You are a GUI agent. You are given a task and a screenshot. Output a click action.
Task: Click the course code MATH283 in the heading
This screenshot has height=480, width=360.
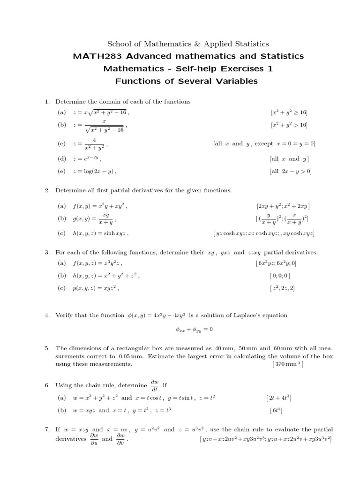tap(93, 56)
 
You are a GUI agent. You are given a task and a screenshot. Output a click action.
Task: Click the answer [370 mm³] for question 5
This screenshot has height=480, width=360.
tap(287, 364)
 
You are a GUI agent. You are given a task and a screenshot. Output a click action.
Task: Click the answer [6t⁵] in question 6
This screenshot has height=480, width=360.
tap(276, 410)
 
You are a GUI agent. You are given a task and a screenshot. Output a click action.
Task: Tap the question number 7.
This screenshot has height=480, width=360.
tap(47, 429)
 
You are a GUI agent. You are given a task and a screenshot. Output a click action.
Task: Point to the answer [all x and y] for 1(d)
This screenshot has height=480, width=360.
tap(289, 159)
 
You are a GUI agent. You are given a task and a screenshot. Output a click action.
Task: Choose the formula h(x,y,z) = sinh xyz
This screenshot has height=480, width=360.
tap(100, 233)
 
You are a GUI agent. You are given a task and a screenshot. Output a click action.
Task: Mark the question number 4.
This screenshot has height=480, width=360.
tap(47, 315)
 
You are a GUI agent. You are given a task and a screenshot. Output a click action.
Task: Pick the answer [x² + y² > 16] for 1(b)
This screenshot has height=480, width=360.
tap(289, 125)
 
